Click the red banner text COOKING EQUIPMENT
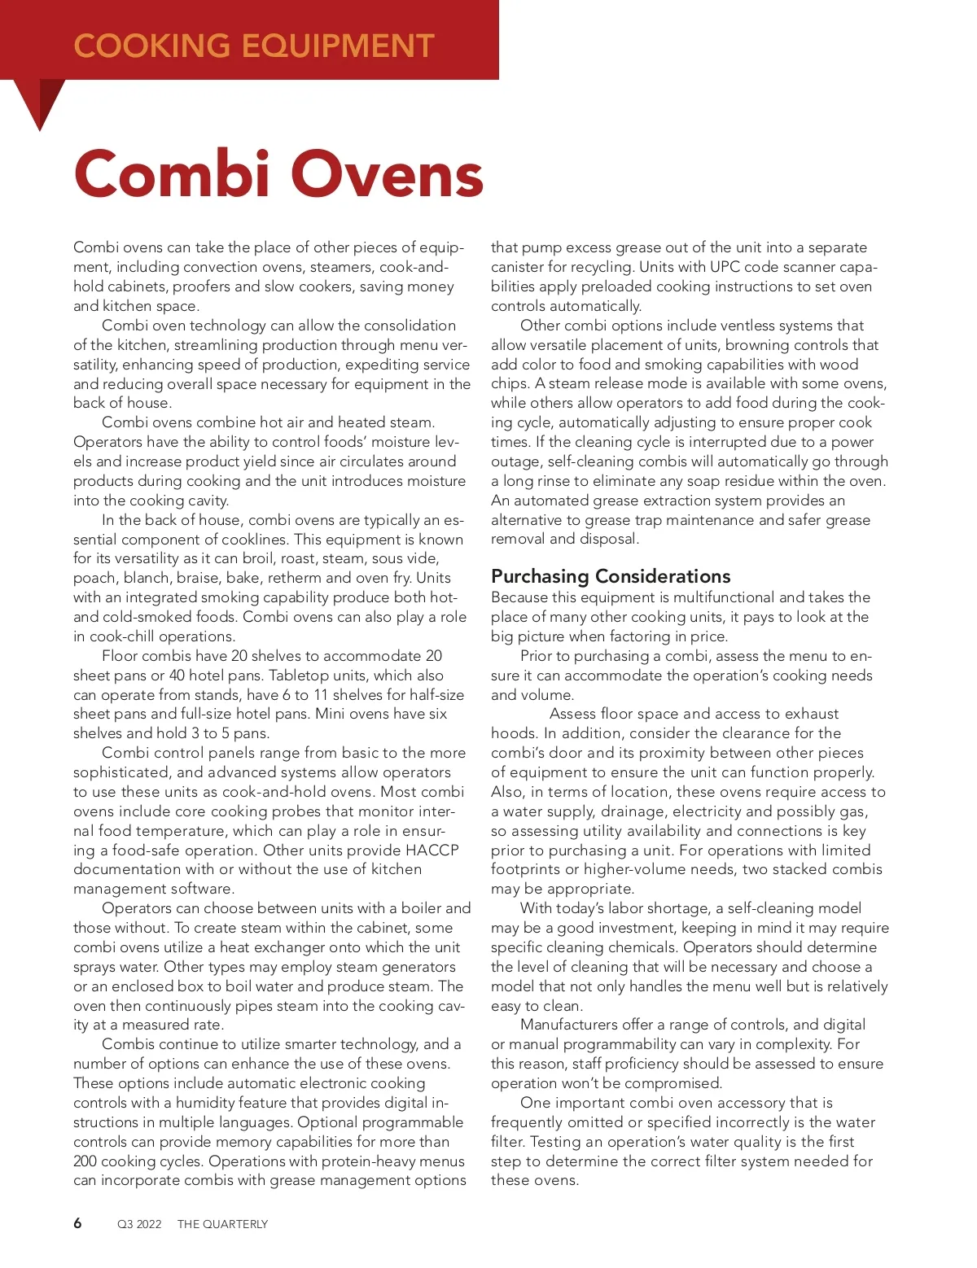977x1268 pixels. pos(254,46)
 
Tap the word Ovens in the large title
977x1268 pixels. pos(388,174)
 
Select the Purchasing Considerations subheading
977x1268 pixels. pos(611,576)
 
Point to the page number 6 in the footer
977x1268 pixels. pos(77,1223)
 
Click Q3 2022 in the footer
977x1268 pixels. pos(139,1224)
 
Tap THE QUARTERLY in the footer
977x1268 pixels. pos(222,1224)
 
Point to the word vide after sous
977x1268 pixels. pos(421,558)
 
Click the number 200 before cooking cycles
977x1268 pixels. pos(88,1161)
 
